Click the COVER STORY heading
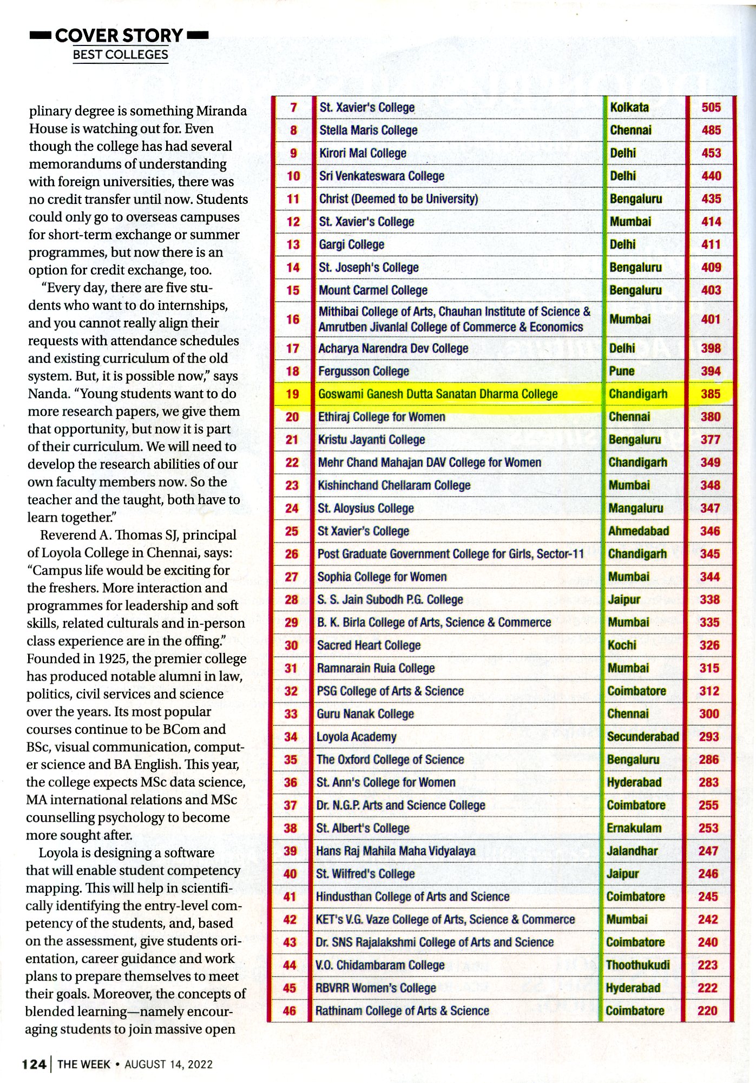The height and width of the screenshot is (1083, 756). pos(119,36)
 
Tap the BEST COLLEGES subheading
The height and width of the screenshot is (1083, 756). pos(120,55)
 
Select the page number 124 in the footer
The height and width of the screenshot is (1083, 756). pos(34,1065)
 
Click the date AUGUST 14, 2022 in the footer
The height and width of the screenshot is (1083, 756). pos(168,1065)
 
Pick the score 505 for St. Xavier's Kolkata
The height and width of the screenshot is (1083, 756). pos(711,107)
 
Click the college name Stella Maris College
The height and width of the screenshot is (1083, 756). pos(368,130)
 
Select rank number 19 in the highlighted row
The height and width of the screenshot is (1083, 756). pos(292,394)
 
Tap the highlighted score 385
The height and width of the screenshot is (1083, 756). pos(710,394)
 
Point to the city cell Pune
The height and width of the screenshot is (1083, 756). pos(621,371)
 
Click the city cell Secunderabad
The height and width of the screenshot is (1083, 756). pos(642,737)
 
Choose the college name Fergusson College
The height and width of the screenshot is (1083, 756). pos(363,371)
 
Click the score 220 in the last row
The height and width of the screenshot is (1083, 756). pos(707,1011)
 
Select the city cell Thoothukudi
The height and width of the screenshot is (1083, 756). pos(637,965)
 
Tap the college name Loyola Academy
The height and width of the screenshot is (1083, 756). pos(356,737)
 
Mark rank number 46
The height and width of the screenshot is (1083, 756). pos(290,1011)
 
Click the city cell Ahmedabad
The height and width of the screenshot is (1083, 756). pos(638,531)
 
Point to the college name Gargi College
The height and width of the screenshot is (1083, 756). pos(351,245)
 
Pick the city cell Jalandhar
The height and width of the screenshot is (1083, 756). pos(632,851)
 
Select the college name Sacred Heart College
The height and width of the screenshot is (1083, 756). pos(369,645)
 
